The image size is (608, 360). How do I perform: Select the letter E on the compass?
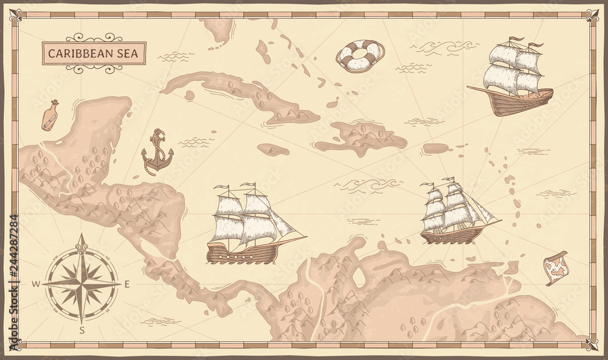click(x=126, y=285)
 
